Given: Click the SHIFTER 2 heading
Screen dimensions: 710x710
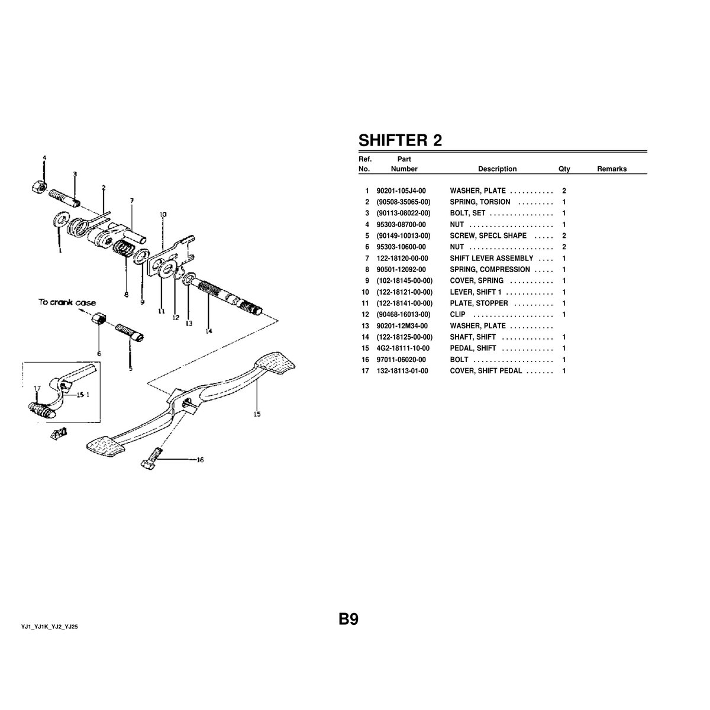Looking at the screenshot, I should (400, 140).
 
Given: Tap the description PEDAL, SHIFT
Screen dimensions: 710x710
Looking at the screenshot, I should (473, 348).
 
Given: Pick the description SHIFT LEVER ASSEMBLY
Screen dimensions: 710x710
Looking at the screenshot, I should (491, 259).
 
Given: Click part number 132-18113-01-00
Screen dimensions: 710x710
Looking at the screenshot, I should (402, 371).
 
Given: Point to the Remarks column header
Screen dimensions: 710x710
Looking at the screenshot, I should (611, 169).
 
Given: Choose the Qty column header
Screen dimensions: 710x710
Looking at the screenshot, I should (564, 169).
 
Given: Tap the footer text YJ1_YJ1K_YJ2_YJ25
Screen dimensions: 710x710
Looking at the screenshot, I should (50, 626).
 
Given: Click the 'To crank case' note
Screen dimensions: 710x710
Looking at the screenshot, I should (67, 302).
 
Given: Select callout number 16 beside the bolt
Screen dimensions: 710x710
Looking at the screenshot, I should (200, 460).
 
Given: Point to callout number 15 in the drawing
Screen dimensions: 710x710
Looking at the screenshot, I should (257, 414).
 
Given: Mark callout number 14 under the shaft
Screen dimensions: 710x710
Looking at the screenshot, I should (209, 331).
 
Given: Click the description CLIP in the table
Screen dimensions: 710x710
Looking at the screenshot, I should (457, 315).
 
